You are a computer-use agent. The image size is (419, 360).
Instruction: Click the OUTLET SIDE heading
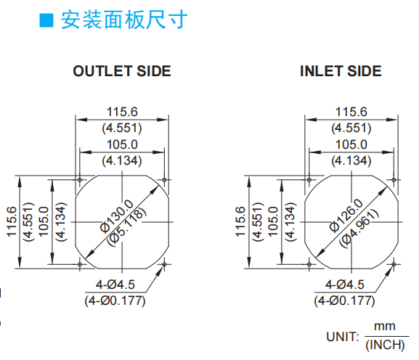click(x=122, y=71)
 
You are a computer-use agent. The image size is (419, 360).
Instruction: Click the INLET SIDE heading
click(x=341, y=71)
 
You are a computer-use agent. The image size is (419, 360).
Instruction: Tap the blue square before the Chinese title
click(x=46, y=20)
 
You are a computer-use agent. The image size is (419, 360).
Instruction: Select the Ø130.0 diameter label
click(x=117, y=216)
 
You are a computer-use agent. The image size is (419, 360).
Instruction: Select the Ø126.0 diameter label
click(x=346, y=216)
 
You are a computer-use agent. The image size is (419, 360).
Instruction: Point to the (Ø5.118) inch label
click(x=127, y=227)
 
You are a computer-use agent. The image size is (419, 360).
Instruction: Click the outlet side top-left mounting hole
click(x=80, y=179)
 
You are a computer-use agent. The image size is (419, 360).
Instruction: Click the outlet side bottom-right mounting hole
click(x=164, y=264)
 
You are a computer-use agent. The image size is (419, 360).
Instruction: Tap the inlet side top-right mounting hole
click(x=394, y=179)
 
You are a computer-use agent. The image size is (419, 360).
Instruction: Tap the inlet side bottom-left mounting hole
click(x=309, y=264)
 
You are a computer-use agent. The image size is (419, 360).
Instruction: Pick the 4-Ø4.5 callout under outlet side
click(x=115, y=285)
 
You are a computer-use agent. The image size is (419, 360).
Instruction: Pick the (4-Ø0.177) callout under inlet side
click(x=344, y=301)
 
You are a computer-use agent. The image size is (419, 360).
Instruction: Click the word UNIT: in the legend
click(x=343, y=337)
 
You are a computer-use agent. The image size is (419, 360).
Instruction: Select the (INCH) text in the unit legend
click(x=385, y=345)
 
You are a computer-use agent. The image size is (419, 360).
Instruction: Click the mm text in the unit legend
click(x=385, y=327)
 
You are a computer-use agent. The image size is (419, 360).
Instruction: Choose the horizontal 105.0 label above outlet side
click(x=122, y=144)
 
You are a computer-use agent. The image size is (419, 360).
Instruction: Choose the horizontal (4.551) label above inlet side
click(x=351, y=128)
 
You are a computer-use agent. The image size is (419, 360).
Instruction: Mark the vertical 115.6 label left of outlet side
click(x=12, y=221)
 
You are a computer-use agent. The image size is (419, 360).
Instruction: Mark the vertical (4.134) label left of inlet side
click(x=290, y=222)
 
